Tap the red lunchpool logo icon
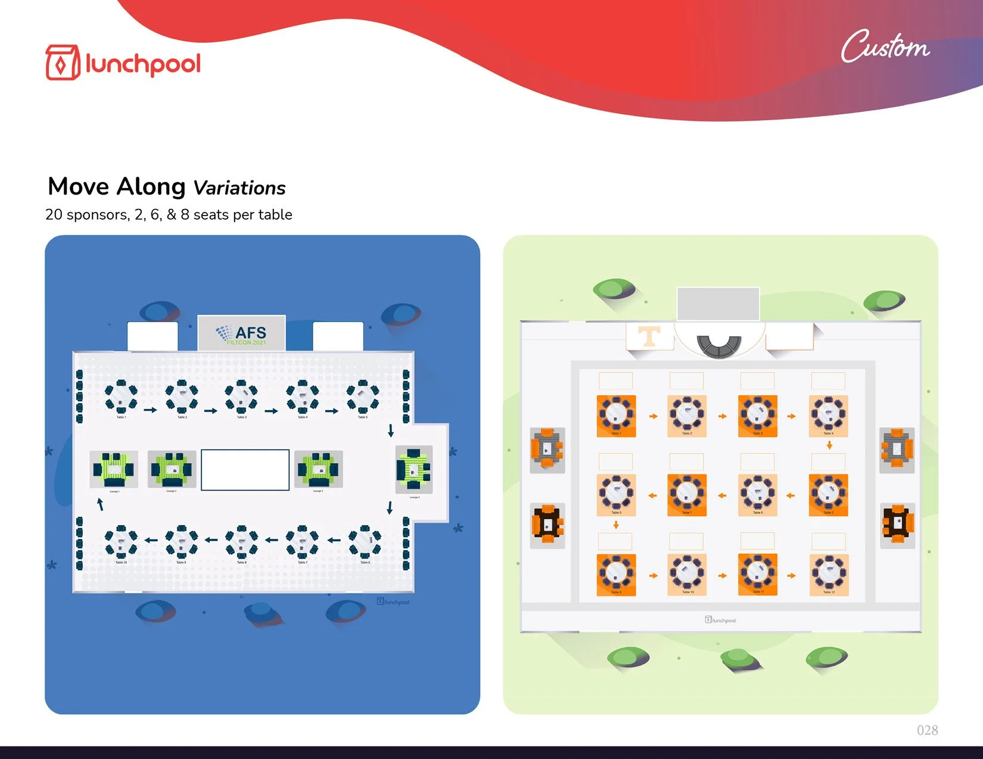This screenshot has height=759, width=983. [x=62, y=63]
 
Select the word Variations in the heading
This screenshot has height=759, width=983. [x=239, y=188]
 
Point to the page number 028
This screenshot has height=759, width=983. [x=927, y=730]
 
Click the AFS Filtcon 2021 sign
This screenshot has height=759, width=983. [x=241, y=334]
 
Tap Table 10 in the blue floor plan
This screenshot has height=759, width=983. [x=121, y=542]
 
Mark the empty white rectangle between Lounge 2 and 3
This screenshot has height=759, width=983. [x=245, y=470]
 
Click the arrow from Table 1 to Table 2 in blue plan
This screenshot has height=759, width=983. [x=150, y=410]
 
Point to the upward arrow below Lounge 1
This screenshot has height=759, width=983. [x=101, y=504]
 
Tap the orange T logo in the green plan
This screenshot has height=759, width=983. [x=649, y=336]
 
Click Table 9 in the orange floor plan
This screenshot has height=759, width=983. [x=616, y=574]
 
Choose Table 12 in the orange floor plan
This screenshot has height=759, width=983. [x=829, y=574]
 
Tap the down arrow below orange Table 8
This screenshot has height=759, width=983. [x=616, y=525]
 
